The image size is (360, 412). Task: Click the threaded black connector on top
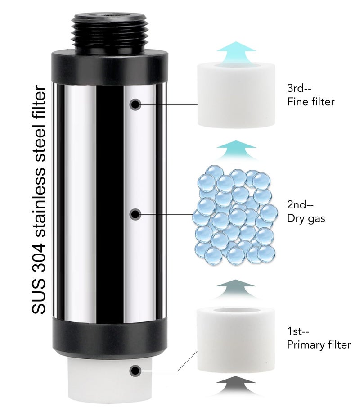pos(108,33)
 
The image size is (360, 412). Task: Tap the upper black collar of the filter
pos(109,68)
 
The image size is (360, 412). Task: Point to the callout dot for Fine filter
pos(135,104)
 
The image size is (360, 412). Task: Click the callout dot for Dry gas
pos(135,214)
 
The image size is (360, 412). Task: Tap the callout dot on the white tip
pos(135,371)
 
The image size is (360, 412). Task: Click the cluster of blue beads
pos(234,215)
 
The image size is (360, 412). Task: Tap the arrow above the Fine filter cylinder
pos(236,51)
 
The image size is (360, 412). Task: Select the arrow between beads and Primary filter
pos(236,289)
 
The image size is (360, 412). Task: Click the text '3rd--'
pos(299,88)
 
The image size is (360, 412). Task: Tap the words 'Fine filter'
pos(311,102)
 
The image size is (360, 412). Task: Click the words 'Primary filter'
pos(319,344)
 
